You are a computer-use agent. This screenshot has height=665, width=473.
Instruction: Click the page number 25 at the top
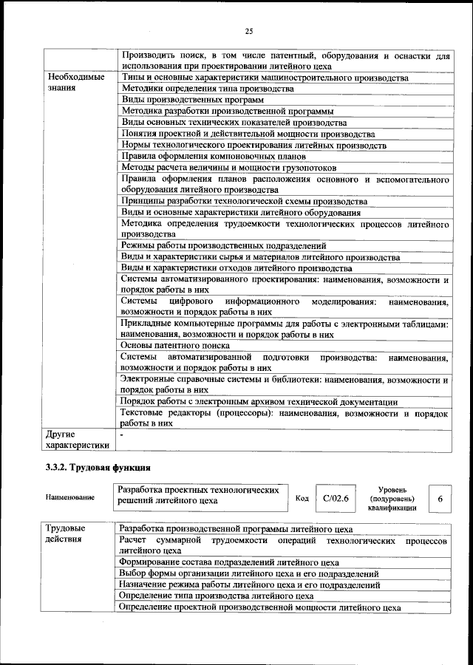pyautogui.click(x=249, y=30)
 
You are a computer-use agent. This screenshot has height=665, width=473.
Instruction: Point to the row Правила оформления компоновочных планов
pyautogui.click(x=213, y=157)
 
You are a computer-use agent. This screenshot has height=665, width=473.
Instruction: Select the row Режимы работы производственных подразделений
pyautogui.click(x=223, y=245)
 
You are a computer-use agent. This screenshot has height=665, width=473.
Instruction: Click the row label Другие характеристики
pyautogui.click(x=77, y=440)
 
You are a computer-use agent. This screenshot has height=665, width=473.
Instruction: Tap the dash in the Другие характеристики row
pyautogui.click(x=123, y=434)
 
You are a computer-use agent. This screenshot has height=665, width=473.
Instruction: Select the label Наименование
pyautogui.click(x=69, y=497)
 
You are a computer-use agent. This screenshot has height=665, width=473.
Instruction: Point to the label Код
pyautogui.click(x=302, y=498)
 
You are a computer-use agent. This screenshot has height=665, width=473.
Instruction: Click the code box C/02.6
pyautogui.click(x=335, y=498)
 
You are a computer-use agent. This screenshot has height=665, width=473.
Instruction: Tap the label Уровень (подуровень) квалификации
pyautogui.click(x=392, y=498)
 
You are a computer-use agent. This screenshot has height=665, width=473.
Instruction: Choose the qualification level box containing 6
pyautogui.click(x=440, y=499)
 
